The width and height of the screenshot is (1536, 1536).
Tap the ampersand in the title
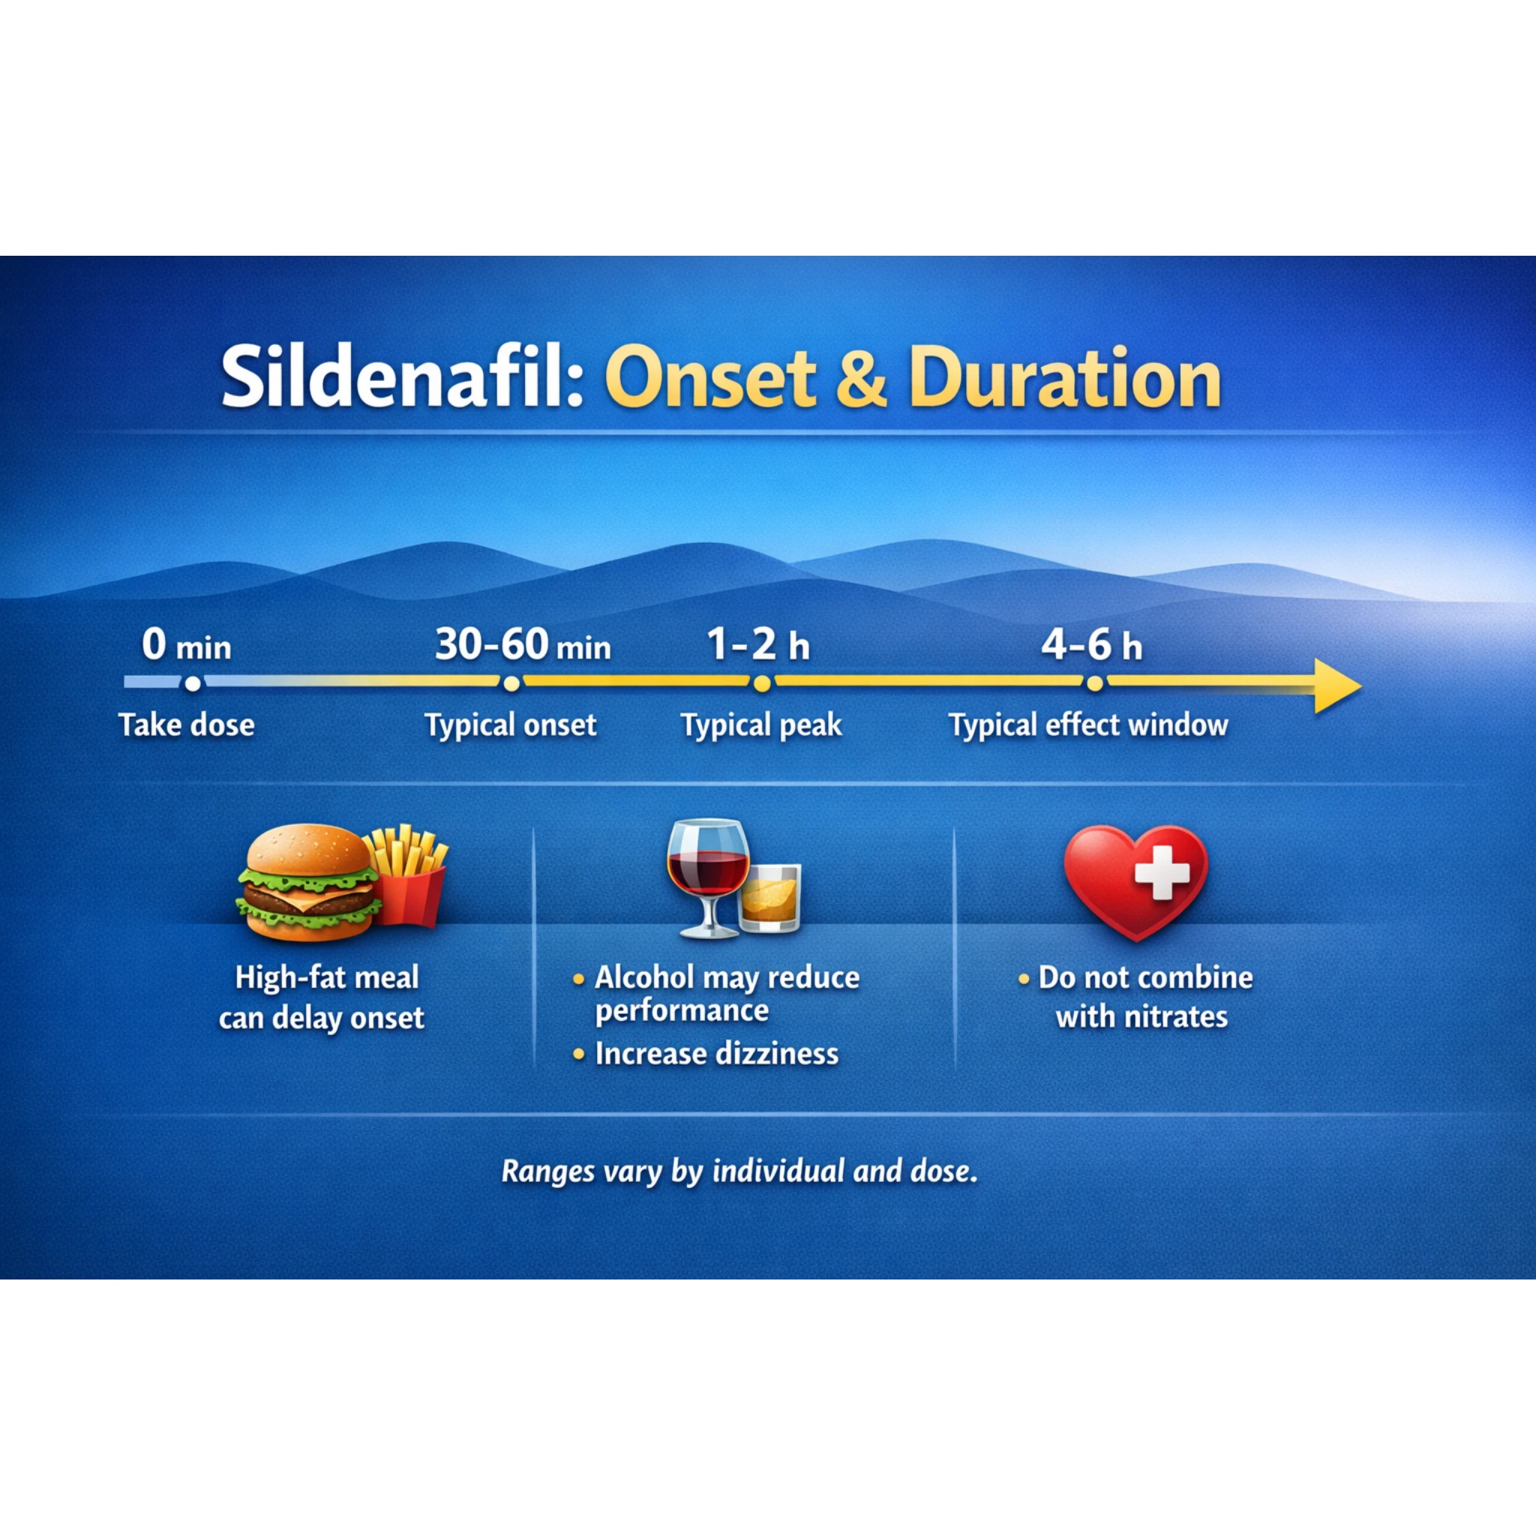click(862, 379)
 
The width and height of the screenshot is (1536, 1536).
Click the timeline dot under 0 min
click(193, 683)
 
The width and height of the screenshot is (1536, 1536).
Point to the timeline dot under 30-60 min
click(512, 683)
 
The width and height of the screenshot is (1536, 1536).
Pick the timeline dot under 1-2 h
click(762, 683)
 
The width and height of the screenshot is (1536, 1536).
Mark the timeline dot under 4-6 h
click(1095, 683)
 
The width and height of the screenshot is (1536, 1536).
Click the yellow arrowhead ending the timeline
click(1336, 685)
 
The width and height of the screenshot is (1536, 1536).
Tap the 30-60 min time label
click(522, 645)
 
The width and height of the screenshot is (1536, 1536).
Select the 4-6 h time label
click(1091, 645)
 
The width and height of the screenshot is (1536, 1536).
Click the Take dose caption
click(187, 725)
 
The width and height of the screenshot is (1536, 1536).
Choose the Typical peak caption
click(760, 725)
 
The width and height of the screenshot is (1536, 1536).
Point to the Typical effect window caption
click(1088, 725)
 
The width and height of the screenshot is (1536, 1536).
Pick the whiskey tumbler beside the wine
click(769, 898)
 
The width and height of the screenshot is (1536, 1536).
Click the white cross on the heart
click(1162, 872)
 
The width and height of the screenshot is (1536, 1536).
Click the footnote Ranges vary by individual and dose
click(739, 1171)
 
